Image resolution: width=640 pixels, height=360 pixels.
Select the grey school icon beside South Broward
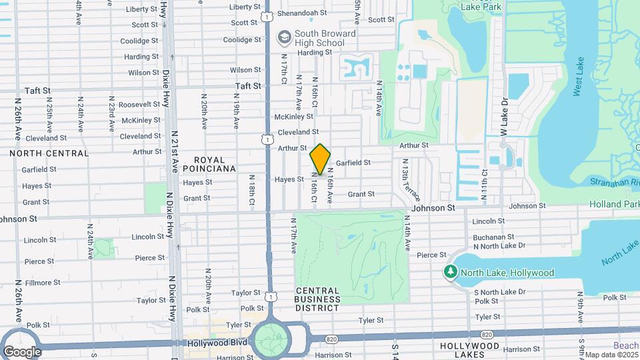click(285, 36)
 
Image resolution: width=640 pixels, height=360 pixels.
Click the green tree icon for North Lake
click(451, 273)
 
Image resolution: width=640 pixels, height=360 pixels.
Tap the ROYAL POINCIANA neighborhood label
click(215, 164)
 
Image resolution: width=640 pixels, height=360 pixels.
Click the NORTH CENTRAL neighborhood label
click(49, 153)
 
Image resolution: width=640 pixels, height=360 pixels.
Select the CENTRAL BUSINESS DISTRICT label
click(317, 295)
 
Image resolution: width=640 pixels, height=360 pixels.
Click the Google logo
click(22, 351)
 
